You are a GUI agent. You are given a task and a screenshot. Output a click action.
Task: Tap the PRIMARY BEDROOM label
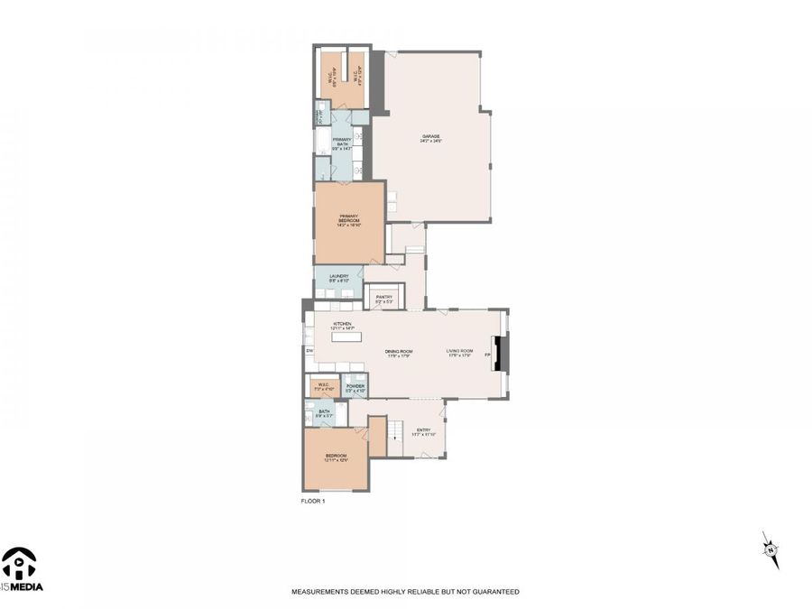coord(349,219)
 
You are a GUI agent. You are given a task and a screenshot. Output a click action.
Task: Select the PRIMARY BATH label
coord(342,142)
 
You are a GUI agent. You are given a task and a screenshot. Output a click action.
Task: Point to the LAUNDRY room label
coord(339,279)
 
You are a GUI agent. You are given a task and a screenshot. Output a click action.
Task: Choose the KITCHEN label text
coord(342,326)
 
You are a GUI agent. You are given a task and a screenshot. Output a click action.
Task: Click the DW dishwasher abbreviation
coord(309,350)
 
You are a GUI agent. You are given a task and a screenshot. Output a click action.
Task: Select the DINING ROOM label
coord(398,353)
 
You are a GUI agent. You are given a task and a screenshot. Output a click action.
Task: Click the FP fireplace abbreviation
coord(488,355)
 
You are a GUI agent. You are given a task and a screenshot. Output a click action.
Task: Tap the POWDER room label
coord(355,387)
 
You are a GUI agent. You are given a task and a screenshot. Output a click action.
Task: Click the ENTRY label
coord(423,431)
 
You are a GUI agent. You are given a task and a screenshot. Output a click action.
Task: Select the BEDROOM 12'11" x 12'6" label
coord(336,458)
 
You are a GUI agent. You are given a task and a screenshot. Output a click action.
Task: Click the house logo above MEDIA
coord(18,563)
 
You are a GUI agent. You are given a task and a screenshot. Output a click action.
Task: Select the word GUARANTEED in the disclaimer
coord(495,592)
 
